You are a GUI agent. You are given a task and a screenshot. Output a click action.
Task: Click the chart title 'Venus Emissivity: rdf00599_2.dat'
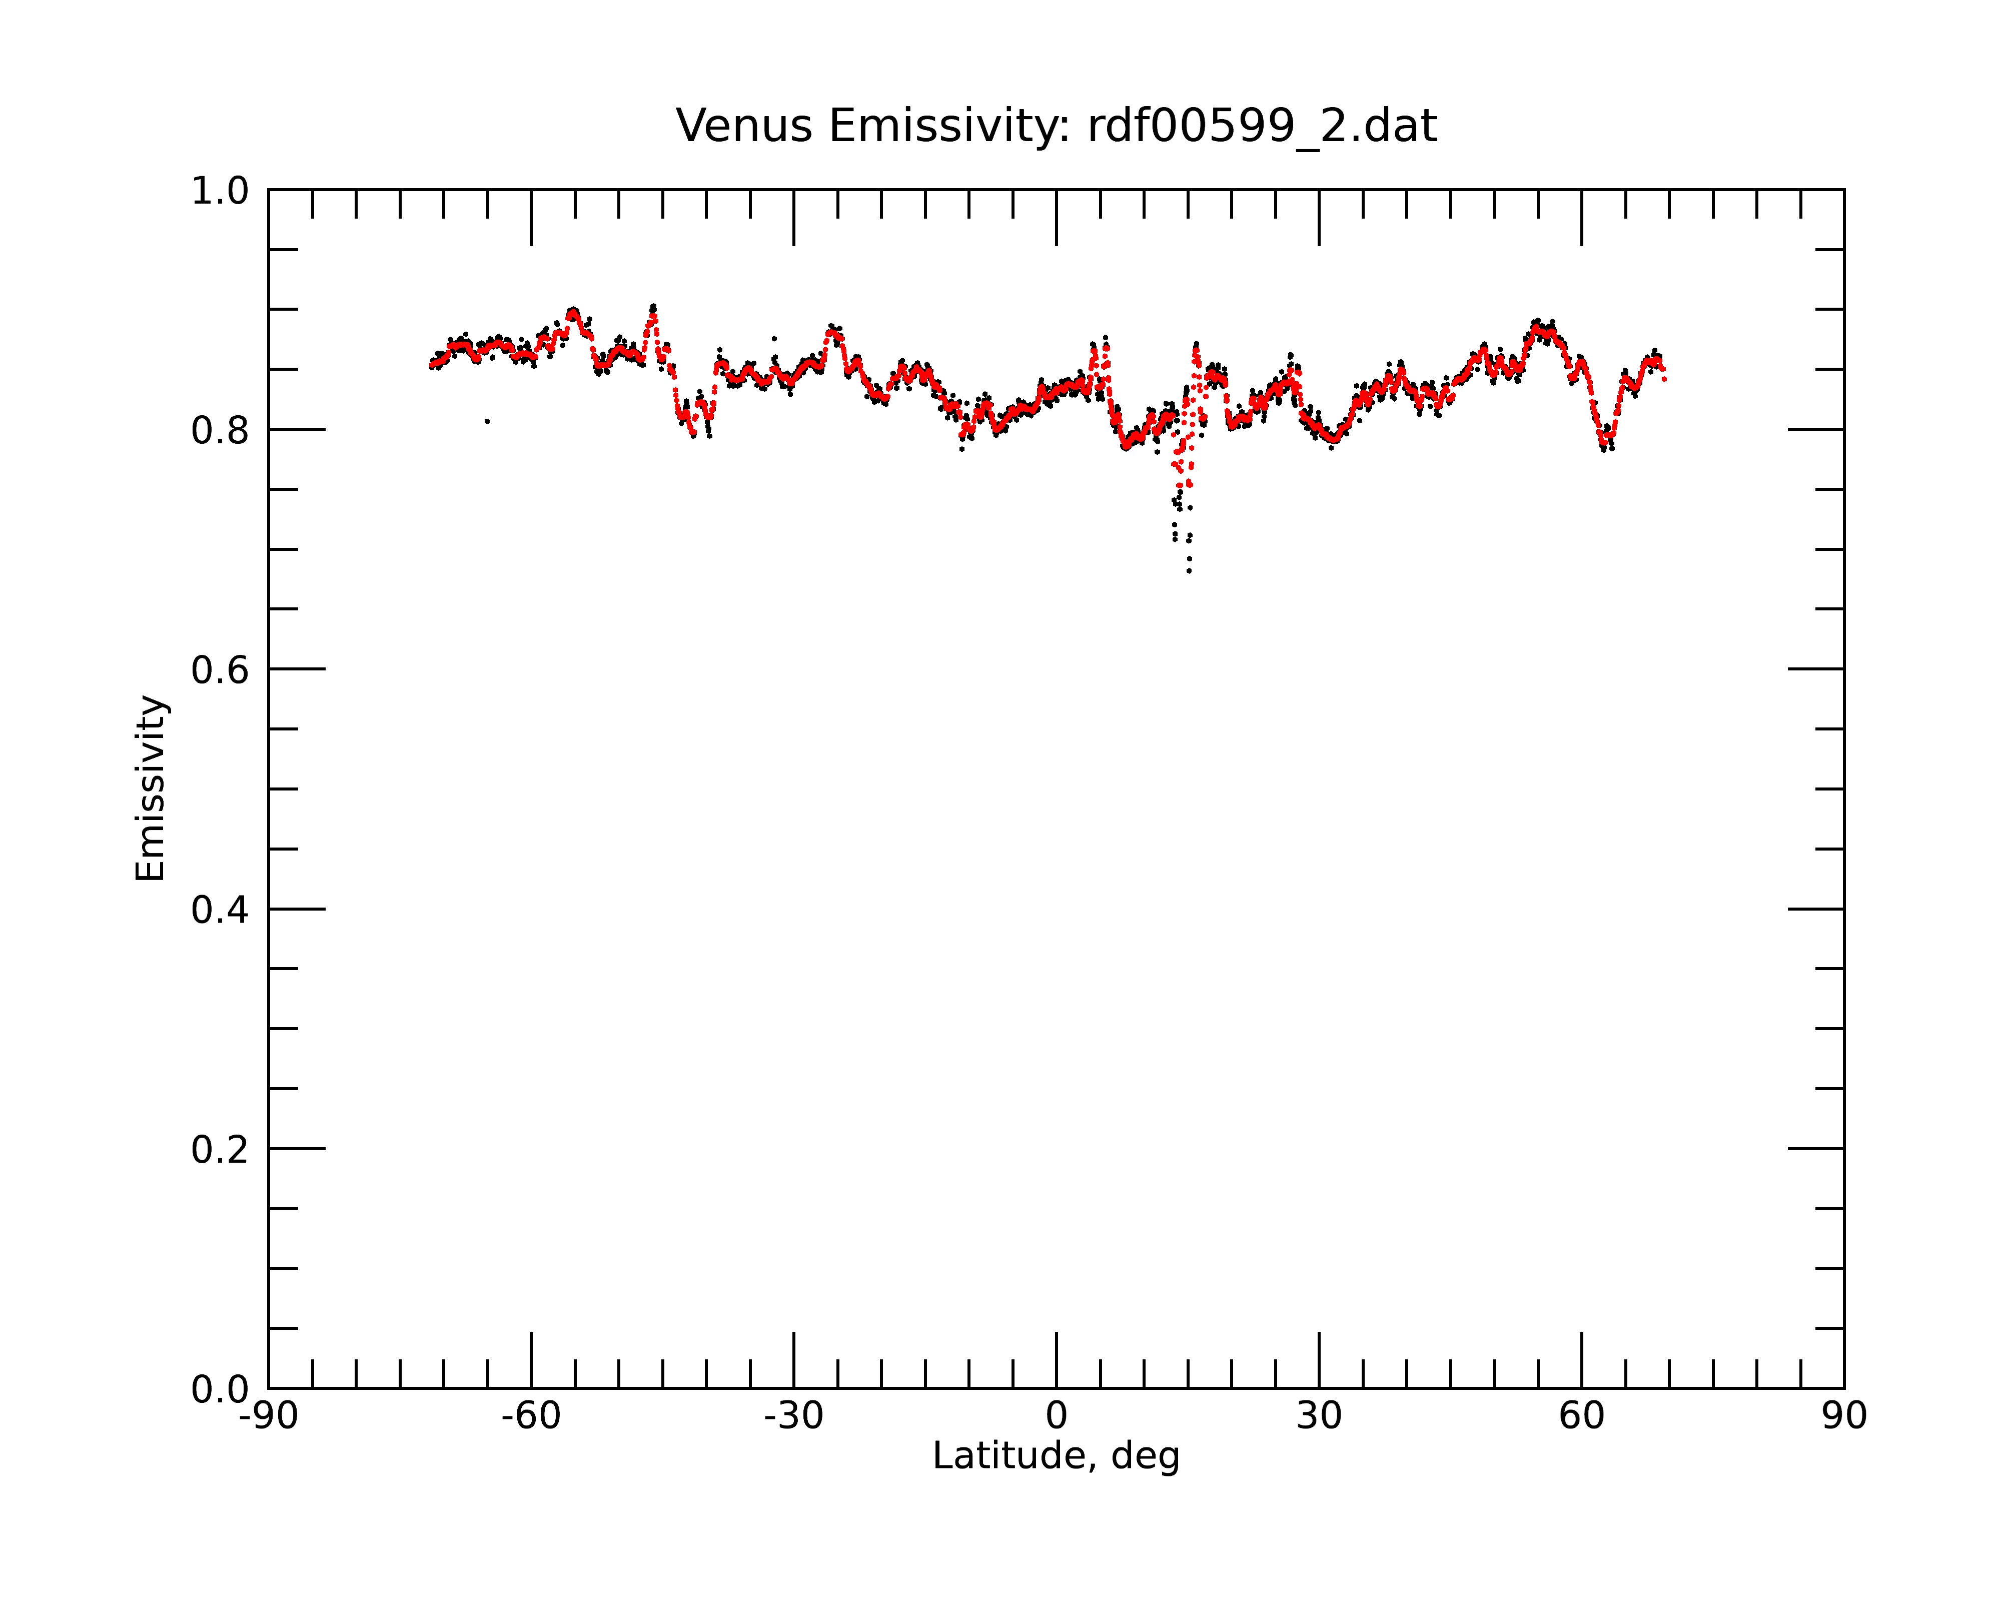(x=1056, y=126)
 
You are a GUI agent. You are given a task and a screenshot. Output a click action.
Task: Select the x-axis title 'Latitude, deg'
(x=1056, y=1455)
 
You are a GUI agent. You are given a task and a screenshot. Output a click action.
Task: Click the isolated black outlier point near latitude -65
(x=487, y=421)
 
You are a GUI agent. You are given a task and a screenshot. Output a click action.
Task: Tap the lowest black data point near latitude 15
(x=1189, y=571)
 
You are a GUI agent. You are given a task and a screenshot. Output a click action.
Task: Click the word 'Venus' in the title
(x=744, y=126)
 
